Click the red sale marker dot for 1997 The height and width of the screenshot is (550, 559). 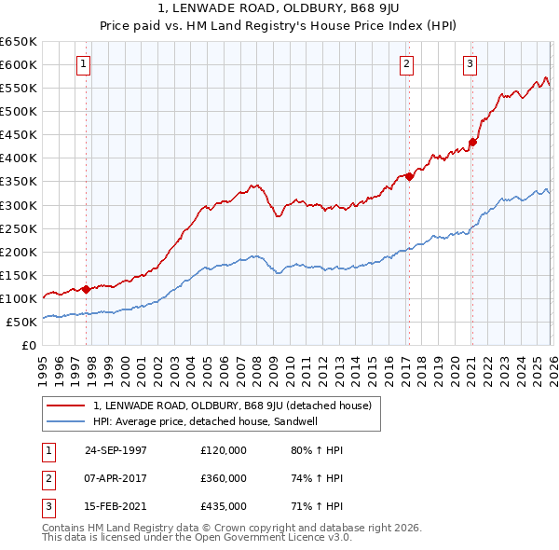coord(87,289)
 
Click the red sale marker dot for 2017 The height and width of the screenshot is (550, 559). coord(409,176)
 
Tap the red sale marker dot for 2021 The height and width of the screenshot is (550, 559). coord(472,142)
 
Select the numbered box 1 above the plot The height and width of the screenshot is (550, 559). coord(84,64)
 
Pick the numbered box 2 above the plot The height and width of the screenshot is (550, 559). coord(407,64)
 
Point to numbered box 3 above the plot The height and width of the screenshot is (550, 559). coord(470,64)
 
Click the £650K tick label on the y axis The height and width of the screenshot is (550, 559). coord(19,42)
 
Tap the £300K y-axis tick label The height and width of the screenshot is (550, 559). coord(19,205)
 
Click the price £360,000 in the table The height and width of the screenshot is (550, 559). coord(224,478)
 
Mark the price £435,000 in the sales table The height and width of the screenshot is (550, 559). coord(224,507)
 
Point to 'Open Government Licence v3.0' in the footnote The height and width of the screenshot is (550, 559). coord(272,538)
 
